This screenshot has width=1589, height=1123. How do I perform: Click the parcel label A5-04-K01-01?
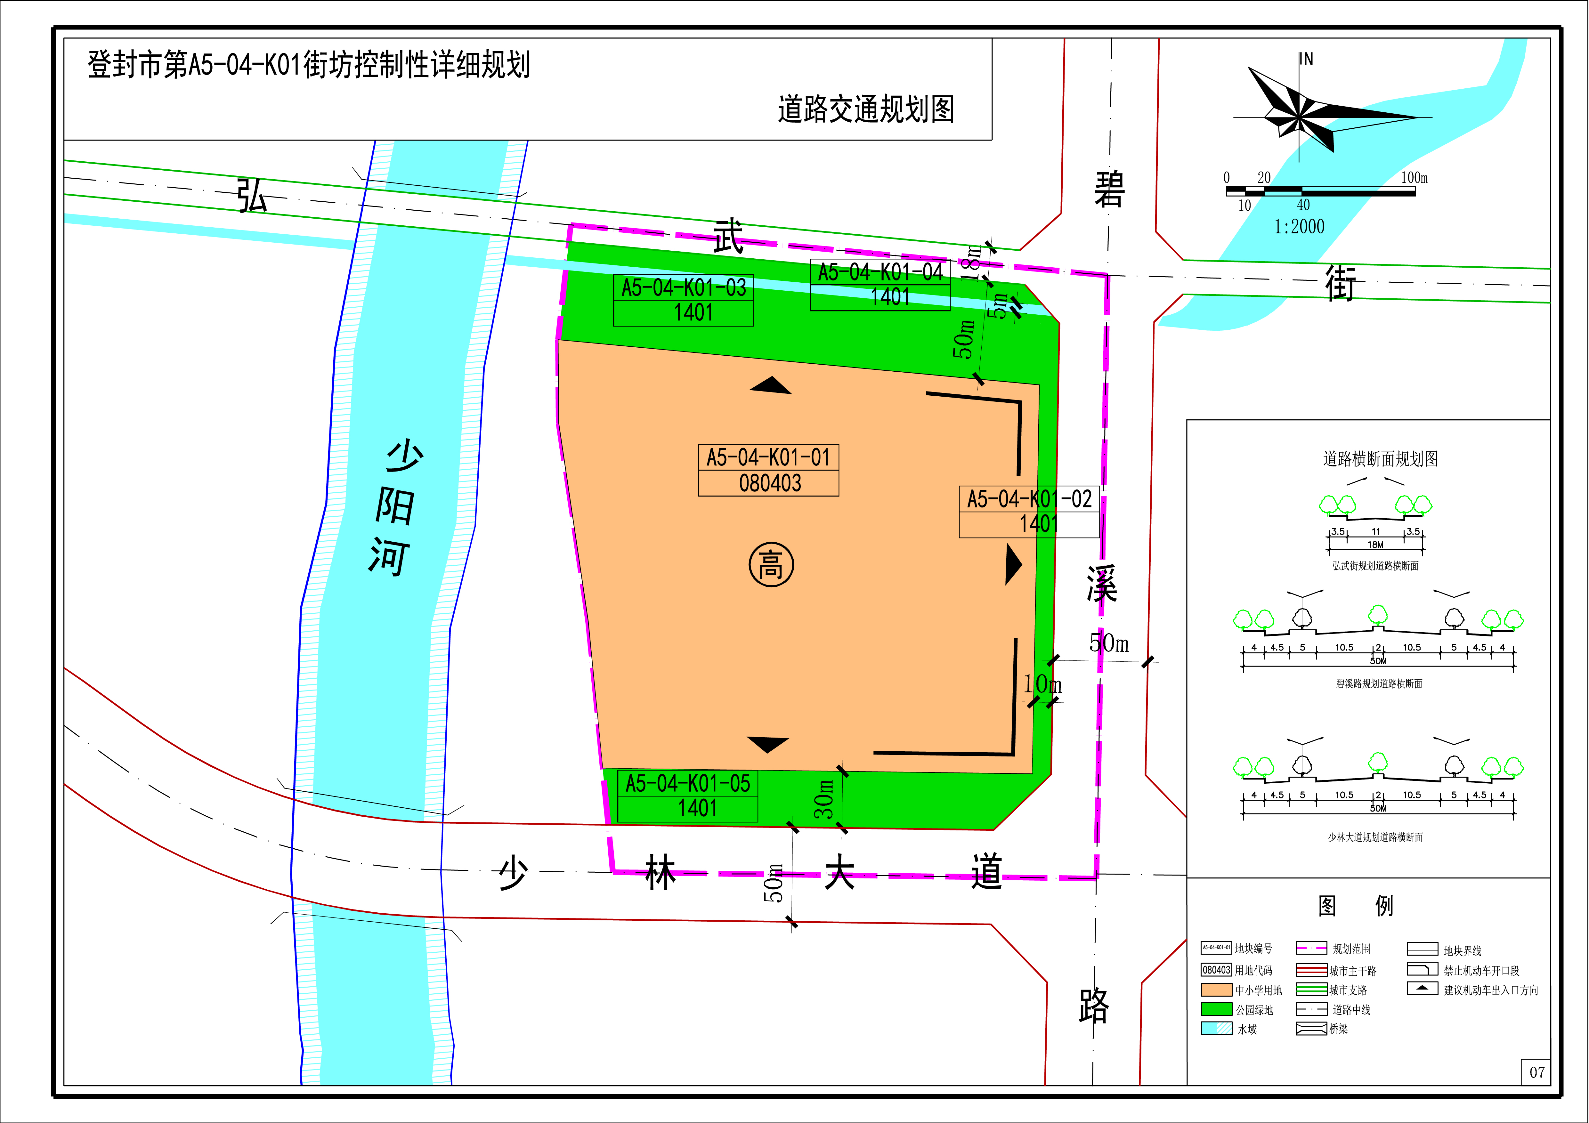coord(768,457)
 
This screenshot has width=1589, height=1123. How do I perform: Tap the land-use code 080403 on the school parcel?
coord(770,483)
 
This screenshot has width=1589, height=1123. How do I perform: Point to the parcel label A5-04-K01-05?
coord(688,783)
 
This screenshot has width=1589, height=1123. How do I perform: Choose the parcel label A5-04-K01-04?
coord(880,272)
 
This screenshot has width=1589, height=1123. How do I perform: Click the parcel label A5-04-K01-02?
coord(1029,499)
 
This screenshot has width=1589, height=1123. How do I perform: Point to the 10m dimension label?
coord(1042,684)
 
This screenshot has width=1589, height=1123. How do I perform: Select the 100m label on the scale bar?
coord(1414,178)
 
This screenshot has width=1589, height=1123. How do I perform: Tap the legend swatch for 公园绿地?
coord(1216,1010)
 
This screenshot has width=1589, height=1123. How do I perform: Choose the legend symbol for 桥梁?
coord(1311,1029)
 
